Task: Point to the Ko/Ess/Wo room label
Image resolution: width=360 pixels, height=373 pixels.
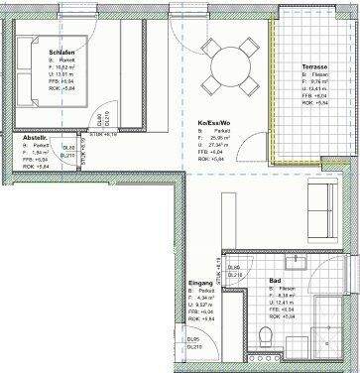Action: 214,123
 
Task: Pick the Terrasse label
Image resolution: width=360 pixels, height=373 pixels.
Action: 316,66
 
